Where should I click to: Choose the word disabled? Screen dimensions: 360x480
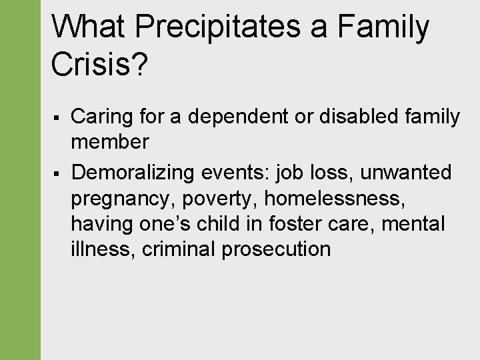click(360, 117)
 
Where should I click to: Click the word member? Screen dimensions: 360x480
click(110, 141)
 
